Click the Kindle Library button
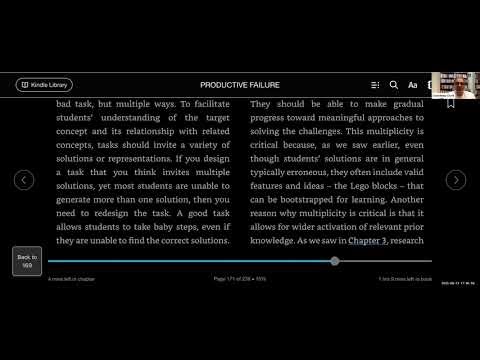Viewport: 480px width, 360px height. [x=44, y=85]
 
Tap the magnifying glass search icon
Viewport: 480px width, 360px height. [x=393, y=85]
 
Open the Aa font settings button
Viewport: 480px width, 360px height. [x=412, y=85]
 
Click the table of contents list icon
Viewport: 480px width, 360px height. [x=373, y=85]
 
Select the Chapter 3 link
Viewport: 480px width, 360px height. [x=368, y=241]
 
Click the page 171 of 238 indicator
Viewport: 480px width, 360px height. [x=240, y=277]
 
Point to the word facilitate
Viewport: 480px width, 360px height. [x=200, y=103]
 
